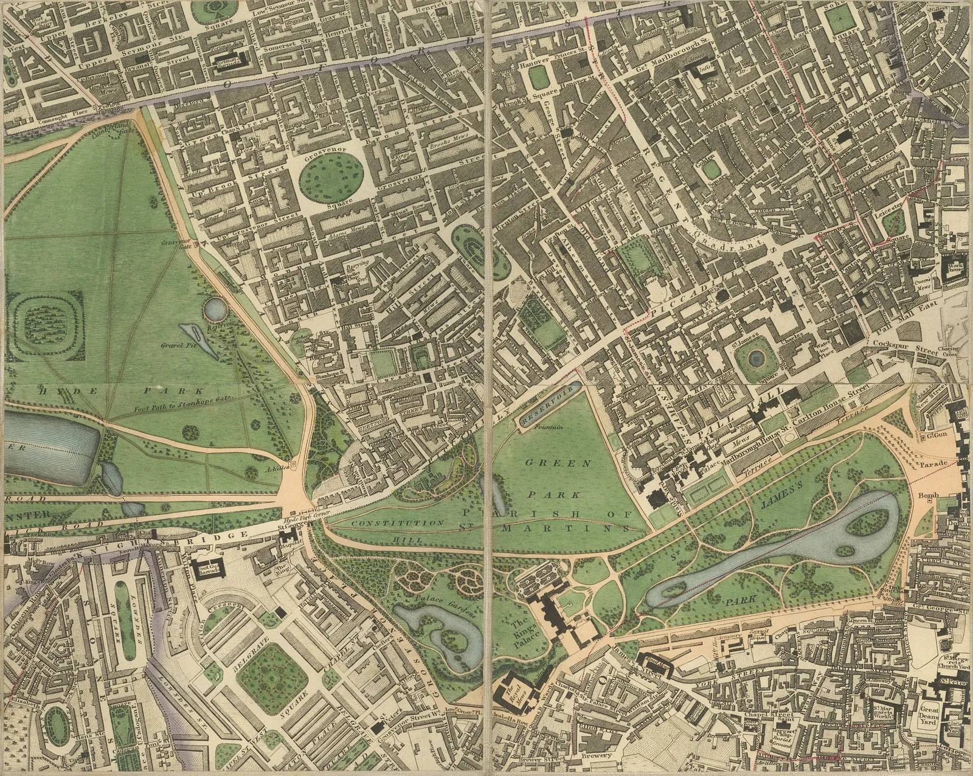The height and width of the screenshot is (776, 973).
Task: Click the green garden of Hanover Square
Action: pos(538,78)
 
